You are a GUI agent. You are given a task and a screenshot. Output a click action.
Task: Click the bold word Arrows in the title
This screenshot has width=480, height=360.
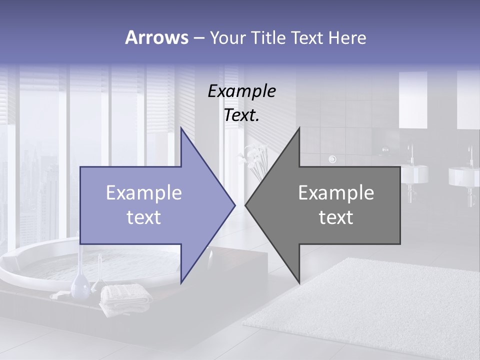[x=156, y=37]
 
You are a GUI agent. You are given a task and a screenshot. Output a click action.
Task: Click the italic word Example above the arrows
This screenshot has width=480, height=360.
[x=241, y=91]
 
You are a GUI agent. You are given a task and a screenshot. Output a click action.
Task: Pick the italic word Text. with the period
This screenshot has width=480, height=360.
[x=241, y=115]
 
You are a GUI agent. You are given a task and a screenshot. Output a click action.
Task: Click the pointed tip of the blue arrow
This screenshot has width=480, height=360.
[x=233, y=204]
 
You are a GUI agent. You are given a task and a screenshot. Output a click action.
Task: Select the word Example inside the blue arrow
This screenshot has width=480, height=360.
[x=144, y=192]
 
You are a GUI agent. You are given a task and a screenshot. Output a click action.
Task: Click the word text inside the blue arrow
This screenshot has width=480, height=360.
[x=144, y=217]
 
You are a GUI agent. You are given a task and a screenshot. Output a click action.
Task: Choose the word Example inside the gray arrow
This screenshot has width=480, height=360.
[x=336, y=192]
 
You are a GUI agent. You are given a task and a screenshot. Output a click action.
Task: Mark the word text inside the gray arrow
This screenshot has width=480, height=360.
[x=336, y=217]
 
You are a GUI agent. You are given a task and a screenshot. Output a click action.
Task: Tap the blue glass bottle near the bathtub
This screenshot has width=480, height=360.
[x=80, y=286]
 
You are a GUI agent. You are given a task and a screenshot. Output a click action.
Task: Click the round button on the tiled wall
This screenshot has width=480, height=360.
[x=332, y=159]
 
